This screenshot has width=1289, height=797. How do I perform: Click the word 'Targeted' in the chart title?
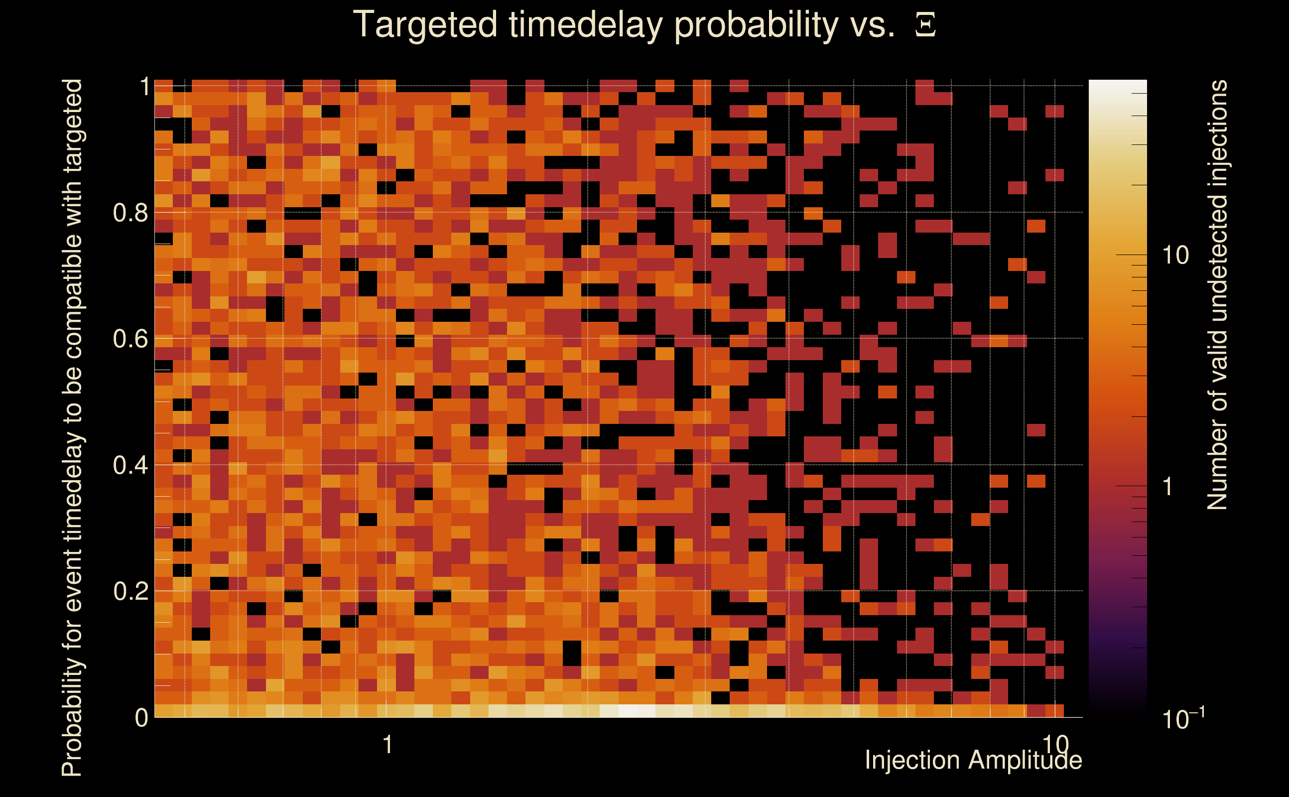point(425,25)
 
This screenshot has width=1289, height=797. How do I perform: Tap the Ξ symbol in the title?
point(925,25)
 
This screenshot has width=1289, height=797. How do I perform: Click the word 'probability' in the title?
point(756,25)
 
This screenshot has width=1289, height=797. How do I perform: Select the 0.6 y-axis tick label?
point(130,338)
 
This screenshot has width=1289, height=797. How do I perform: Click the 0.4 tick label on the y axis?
point(130,465)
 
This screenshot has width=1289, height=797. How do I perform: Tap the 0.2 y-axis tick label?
point(130,591)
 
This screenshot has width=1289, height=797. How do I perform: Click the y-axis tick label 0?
point(141,717)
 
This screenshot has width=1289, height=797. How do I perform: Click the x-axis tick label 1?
point(388,744)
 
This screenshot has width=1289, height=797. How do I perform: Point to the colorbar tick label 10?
point(1175,255)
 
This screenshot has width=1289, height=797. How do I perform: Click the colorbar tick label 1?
point(1168,486)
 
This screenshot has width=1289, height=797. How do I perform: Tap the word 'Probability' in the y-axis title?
point(73,709)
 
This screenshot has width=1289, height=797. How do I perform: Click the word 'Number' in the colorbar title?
point(1218,464)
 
